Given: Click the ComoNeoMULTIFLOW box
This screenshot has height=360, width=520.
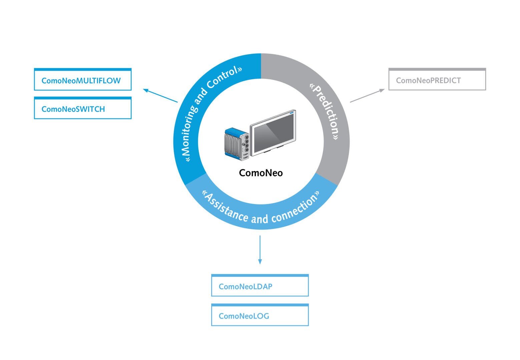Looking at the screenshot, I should coord(83,80).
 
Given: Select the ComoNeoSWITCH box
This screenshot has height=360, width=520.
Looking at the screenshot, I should coord(83,108).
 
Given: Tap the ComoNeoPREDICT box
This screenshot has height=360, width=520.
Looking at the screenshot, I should coord(437,80).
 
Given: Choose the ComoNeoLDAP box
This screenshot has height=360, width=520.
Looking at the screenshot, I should coord(260,286).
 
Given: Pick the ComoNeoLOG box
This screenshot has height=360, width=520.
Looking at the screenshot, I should coord(260,315).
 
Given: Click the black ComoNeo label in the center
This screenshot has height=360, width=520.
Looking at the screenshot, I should coord(261,173).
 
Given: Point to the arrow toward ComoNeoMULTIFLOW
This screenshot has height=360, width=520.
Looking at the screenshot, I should coord(160,96).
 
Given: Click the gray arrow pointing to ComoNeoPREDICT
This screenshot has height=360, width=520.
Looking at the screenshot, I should coord(367,95).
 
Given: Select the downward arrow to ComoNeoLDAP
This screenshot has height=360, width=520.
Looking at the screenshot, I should coord(260,250).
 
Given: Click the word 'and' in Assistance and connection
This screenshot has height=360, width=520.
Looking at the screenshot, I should coord(259,219).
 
